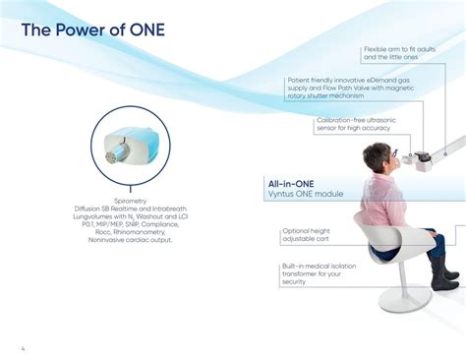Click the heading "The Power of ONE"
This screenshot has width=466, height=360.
93,30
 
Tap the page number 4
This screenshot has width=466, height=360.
24,347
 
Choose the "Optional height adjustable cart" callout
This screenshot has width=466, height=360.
312,234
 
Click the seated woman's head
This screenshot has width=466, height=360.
379,157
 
